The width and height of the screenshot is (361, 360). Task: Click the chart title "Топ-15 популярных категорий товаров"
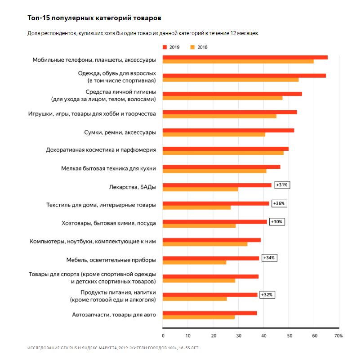94,18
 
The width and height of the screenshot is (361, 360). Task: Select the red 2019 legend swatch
165,47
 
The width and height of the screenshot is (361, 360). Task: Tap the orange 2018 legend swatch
193,47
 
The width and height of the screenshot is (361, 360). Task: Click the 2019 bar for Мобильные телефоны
245,57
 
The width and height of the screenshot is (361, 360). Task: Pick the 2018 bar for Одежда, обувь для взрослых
230,80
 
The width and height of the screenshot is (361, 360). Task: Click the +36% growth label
280,203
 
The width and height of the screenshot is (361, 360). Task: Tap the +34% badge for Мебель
270,258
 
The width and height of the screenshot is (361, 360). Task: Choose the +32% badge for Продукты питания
267,295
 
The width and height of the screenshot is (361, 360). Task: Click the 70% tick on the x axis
338,336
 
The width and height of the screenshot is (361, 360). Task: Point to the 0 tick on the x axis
163,336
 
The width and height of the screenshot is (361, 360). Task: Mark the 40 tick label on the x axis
263,336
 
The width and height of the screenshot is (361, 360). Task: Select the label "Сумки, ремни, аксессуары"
120,132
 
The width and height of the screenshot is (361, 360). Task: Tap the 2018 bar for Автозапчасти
198,317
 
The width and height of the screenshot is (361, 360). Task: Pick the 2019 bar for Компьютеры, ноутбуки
211,240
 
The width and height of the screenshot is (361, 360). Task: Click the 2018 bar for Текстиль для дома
196,207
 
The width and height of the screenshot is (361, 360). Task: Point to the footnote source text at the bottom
113,348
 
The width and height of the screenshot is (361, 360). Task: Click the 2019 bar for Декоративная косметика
225,148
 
